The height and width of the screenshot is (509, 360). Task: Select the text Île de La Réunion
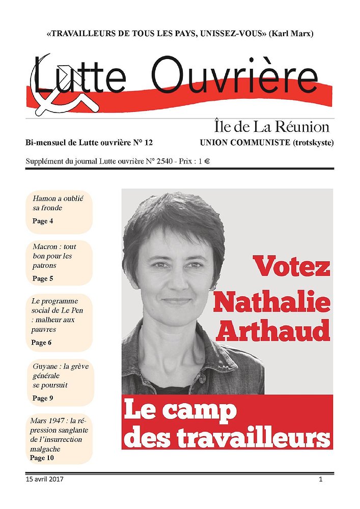tap(270, 126)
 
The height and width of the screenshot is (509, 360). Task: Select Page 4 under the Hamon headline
tap(43, 221)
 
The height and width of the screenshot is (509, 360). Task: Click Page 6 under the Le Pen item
tap(41, 343)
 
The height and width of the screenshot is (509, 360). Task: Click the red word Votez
tap(292, 266)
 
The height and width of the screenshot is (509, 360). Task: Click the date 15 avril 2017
tap(44, 479)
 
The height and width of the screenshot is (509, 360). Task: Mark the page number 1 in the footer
tap(321, 479)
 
